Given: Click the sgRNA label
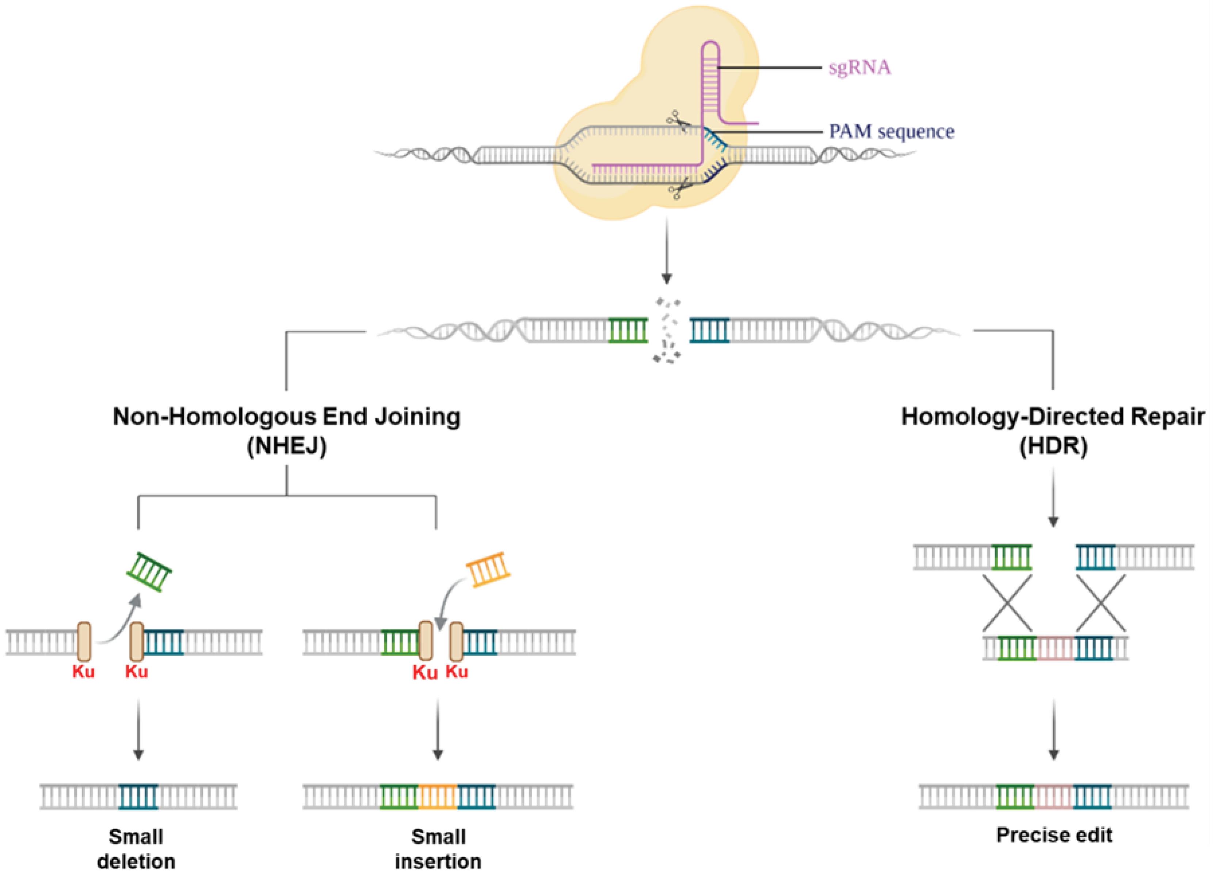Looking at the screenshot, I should [x=859, y=68].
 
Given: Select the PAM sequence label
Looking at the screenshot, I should [x=892, y=131].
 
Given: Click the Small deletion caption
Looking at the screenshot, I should [x=136, y=849].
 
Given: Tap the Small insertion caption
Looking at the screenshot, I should [x=438, y=849].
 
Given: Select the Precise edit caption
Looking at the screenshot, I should [x=1054, y=835].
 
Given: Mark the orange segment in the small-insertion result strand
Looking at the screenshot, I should [x=438, y=796].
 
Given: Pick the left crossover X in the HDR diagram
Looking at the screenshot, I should [x=1007, y=603].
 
